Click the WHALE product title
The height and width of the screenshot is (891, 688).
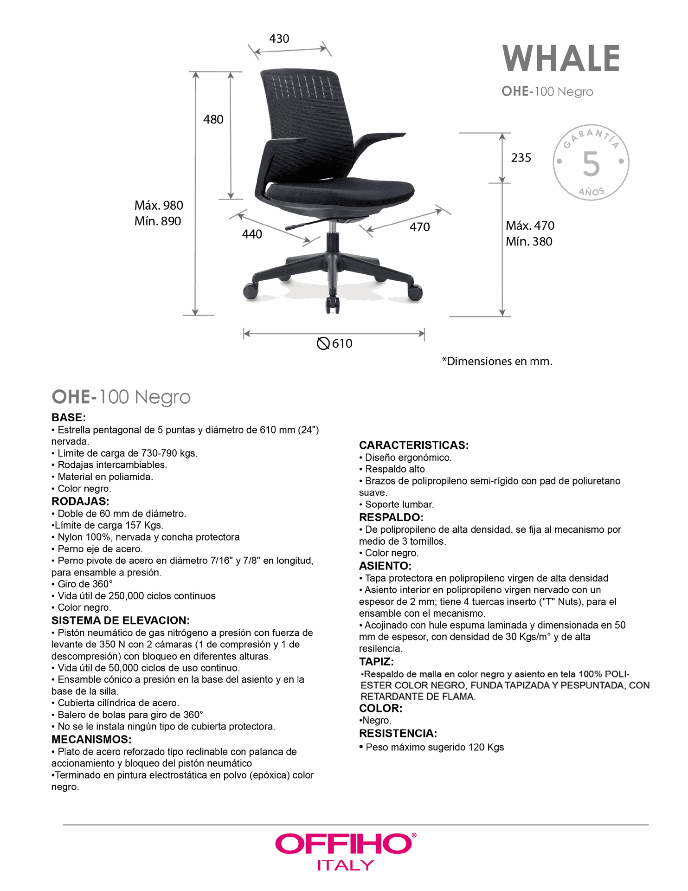pos(561,59)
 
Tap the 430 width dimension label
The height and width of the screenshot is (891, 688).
pos(279,39)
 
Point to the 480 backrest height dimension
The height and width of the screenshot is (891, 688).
pos(213,119)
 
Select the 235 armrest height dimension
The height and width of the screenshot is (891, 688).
pos(521,158)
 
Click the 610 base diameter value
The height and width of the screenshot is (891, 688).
pos(342,343)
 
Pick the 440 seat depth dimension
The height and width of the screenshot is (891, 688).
pos(252,234)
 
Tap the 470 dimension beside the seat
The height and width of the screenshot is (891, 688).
pos(419,227)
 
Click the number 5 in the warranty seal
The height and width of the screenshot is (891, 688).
pos(591,164)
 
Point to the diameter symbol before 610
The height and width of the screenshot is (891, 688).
pos(323,343)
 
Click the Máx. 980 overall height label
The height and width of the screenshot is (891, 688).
pos(159,205)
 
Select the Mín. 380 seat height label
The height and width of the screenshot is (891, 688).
pos(529,241)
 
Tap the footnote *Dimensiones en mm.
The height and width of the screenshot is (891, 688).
pos(497,361)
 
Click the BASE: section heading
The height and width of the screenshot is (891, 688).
pos(69,417)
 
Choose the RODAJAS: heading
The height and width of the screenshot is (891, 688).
pos(80,501)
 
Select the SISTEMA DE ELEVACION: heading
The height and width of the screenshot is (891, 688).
pos(120,620)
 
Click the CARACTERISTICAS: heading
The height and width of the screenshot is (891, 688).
pos(413,445)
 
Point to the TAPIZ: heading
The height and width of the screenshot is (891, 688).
pos(376,661)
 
